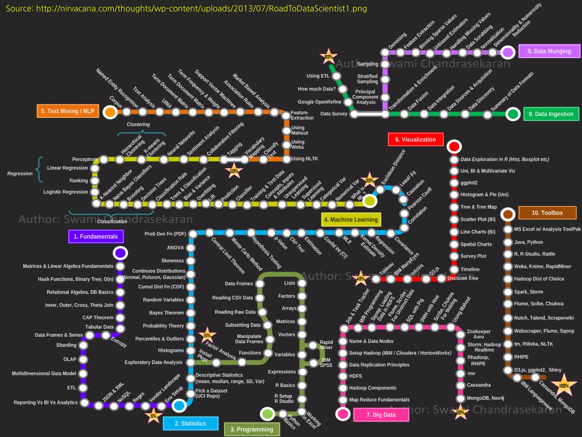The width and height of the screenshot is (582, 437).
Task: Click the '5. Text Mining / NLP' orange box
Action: pyautogui.click(x=68, y=111)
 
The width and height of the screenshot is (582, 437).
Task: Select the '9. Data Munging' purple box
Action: pyautogui.click(x=549, y=51)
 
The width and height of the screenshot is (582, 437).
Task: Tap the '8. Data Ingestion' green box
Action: pyautogui.click(x=551, y=114)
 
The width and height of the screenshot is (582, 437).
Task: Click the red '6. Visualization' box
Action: pyautogui.click(x=415, y=139)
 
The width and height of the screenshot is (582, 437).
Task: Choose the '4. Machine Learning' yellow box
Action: pyautogui.click(x=351, y=220)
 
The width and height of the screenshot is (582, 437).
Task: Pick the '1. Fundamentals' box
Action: pyautogui.click(x=96, y=236)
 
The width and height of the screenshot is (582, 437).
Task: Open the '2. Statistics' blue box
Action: pyautogui.click(x=190, y=423)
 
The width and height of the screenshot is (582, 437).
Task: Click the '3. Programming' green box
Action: pyautogui.click(x=251, y=429)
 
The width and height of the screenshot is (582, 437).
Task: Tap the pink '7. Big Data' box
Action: pyautogui.click(x=381, y=415)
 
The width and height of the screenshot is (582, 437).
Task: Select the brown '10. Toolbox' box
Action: pyautogui.click(x=547, y=213)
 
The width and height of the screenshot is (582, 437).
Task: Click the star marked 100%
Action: pyautogui.click(x=564, y=386)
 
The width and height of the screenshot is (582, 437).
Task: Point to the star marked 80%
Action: pyautogui.click(x=329, y=57)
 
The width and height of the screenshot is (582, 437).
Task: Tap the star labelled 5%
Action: pyautogui.click(x=153, y=416)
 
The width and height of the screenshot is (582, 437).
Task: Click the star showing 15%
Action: pyautogui.click(x=207, y=335)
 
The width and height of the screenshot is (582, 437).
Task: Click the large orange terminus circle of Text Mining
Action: pyautogui.click(x=110, y=112)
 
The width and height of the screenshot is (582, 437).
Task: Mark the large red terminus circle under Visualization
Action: pyautogui.click(x=454, y=147)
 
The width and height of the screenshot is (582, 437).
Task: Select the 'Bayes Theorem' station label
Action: pyautogui.click(x=166, y=313)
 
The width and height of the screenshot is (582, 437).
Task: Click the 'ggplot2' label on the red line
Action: pyautogui.click(x=469, y=183)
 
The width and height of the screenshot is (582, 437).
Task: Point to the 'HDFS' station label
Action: pyautogui.click(x=355, y=376)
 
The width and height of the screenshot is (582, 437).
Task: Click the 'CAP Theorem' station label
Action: pyautogui.click(x=98, y=318)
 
